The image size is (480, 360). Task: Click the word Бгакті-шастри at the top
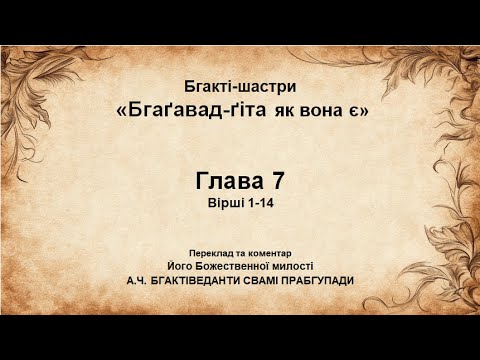(241, 88)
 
